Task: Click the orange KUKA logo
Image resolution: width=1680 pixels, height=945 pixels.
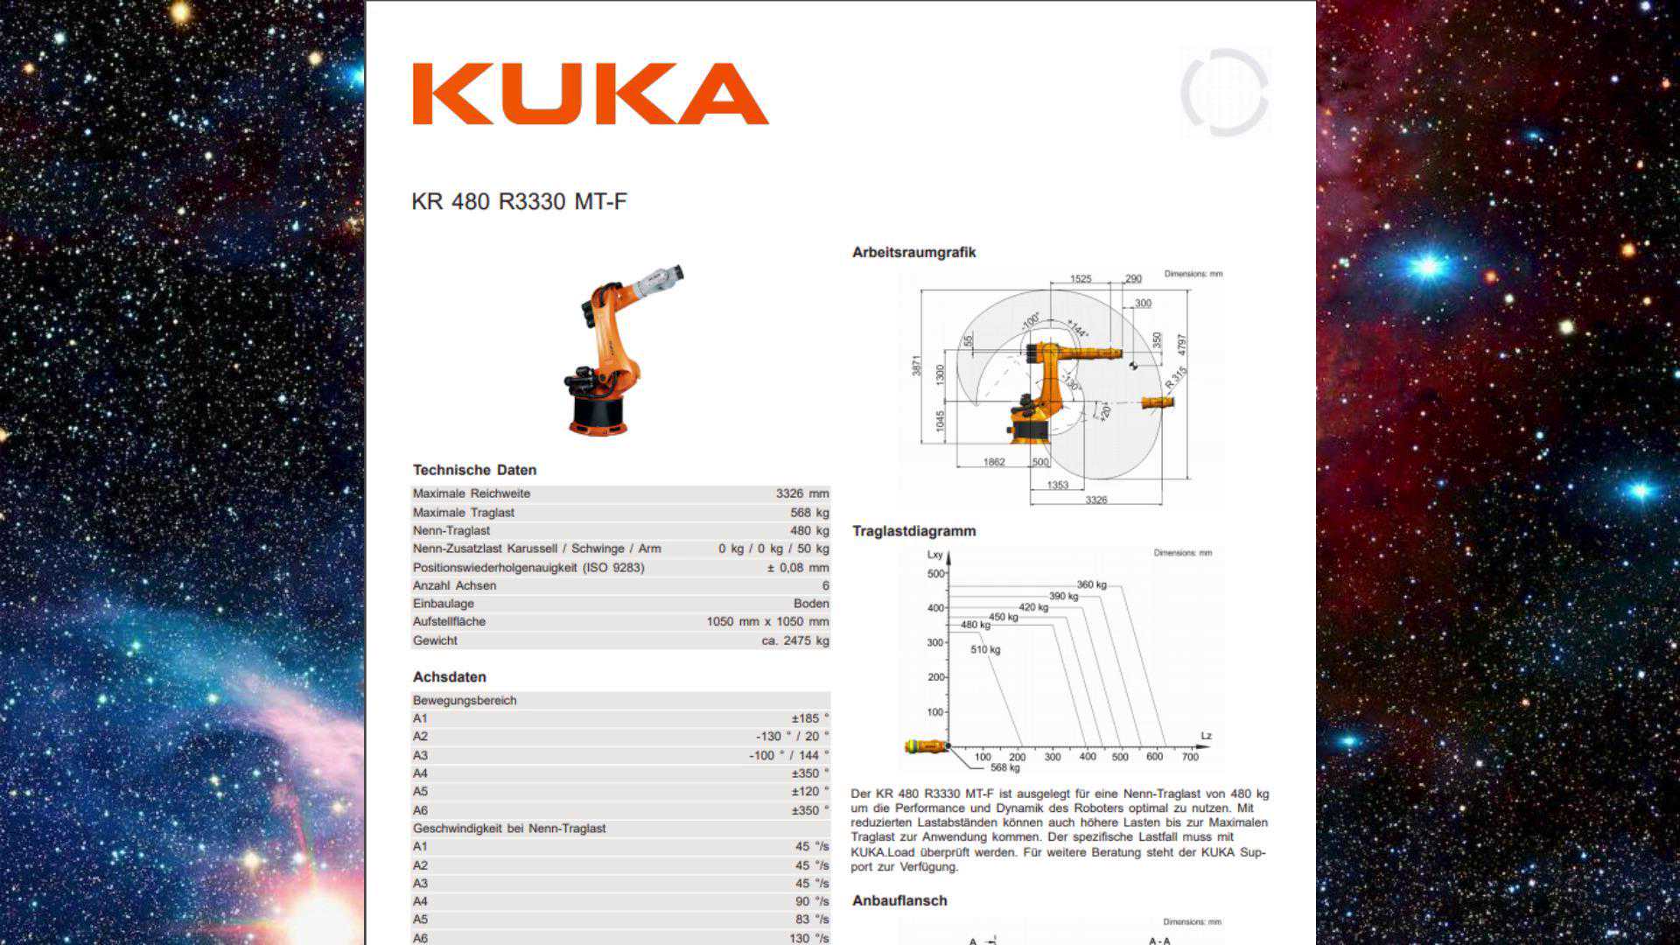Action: (590, 94)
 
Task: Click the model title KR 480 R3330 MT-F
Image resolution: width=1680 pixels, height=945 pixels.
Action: (519, 202)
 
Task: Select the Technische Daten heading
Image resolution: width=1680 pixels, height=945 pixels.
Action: (474, 470)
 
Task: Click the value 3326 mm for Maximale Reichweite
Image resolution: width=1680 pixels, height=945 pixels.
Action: (801, 493)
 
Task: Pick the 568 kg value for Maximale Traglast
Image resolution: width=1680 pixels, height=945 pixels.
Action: (809, 513)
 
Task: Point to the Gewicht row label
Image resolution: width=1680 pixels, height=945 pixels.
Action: (435, 640)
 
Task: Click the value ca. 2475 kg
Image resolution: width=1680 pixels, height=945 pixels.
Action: (794, 640)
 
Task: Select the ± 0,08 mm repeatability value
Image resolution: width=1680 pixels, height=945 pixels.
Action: (797, 568)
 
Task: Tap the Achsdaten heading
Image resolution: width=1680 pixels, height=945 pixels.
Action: (449, 677)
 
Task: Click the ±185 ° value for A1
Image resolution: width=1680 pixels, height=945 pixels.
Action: (809, 718)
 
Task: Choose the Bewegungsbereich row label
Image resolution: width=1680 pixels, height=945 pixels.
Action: (465, 701)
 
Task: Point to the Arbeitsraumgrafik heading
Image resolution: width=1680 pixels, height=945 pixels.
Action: (913, 253)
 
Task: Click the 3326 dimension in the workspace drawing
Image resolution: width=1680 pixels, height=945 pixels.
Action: (1095, 500)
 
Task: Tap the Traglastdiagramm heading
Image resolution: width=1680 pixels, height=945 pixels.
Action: (913, 531)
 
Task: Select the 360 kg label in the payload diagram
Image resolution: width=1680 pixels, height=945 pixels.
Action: (1091, 584)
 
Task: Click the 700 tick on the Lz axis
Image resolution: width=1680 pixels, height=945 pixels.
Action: (1190, 757)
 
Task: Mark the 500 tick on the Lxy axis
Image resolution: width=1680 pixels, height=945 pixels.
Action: (935, 574)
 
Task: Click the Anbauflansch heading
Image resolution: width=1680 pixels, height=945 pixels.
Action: (899, 900)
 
